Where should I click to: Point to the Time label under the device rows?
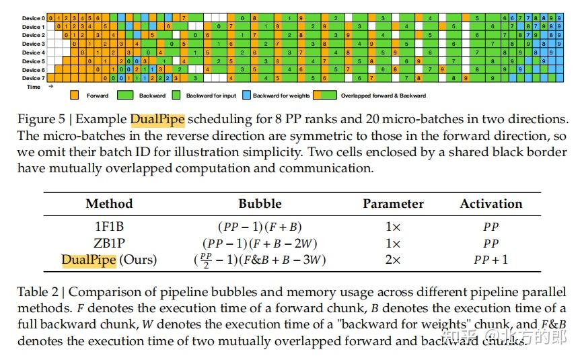34,87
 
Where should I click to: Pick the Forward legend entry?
97,96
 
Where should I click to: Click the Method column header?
109,204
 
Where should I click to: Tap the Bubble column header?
260,204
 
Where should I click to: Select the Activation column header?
490,204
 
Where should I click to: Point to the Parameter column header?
393,204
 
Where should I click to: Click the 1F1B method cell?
109,227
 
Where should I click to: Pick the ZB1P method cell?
109,243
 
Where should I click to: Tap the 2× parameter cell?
393,260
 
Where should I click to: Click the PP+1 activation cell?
490,260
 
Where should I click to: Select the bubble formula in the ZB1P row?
260,243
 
